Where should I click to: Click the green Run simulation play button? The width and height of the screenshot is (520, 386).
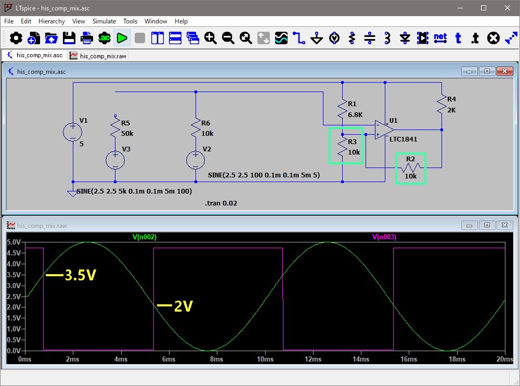click(122, 38)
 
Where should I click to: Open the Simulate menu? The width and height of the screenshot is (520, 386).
click(104, 21)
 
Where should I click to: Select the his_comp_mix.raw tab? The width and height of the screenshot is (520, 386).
click(98, 56)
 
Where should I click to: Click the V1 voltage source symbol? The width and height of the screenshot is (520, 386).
click(73, 132)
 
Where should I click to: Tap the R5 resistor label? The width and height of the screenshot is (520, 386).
click(125, 123)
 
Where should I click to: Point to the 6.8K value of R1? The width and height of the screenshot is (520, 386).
click(355, 114)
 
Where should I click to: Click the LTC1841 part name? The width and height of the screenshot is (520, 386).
click(403, 139)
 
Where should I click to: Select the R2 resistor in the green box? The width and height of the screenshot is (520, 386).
click(411, 168)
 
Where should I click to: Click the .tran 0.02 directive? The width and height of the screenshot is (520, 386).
click(221, 203)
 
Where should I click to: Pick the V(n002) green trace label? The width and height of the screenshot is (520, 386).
click(145, 237)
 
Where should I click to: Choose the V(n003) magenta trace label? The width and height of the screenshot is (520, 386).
click(384, 237)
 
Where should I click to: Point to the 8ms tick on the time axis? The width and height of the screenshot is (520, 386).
click(216, 359)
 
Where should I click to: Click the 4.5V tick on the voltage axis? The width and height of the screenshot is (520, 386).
click(14, 253)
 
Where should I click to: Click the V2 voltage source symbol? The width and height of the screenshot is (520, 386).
click(196, 160)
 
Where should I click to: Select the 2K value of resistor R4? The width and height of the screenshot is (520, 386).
click(451, 110)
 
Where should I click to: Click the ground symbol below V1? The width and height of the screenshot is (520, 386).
click(73, 193)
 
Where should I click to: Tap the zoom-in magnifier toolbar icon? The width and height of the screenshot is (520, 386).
click(210, 38)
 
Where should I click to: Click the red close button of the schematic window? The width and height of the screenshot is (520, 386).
click(504, 71)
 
